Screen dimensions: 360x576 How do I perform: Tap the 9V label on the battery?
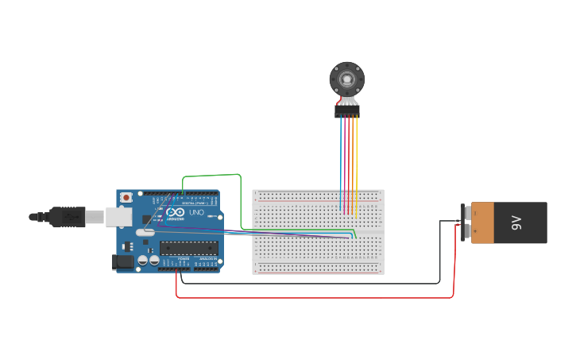[516, 223]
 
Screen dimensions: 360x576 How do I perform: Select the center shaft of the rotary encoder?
[347, 79]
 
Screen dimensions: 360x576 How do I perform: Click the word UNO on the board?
[195, 213]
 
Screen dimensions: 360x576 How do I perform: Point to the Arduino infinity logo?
[175, 212]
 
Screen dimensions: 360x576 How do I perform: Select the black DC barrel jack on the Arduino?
[123, 261]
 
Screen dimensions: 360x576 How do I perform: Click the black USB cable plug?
[68, 215]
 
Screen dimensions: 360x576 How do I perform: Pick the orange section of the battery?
[482, 223]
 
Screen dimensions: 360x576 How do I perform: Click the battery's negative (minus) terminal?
[465, 212]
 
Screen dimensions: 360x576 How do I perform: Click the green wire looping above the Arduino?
[211, 176]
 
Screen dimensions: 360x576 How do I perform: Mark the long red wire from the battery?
[318, 298]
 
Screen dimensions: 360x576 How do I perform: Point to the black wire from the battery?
[318, 283]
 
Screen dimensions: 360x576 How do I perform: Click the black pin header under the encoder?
[347, 113]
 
